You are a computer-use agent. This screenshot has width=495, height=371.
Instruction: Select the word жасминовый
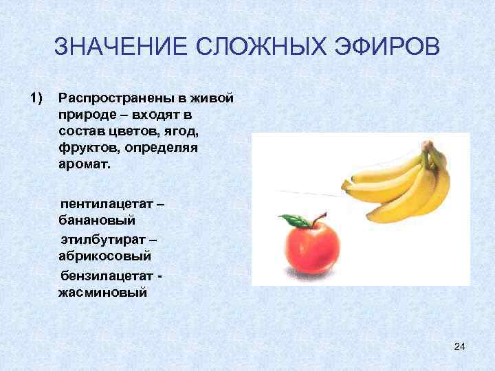click(x=103, y=292)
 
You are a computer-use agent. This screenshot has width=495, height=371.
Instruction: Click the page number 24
click(x=460, y=346)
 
